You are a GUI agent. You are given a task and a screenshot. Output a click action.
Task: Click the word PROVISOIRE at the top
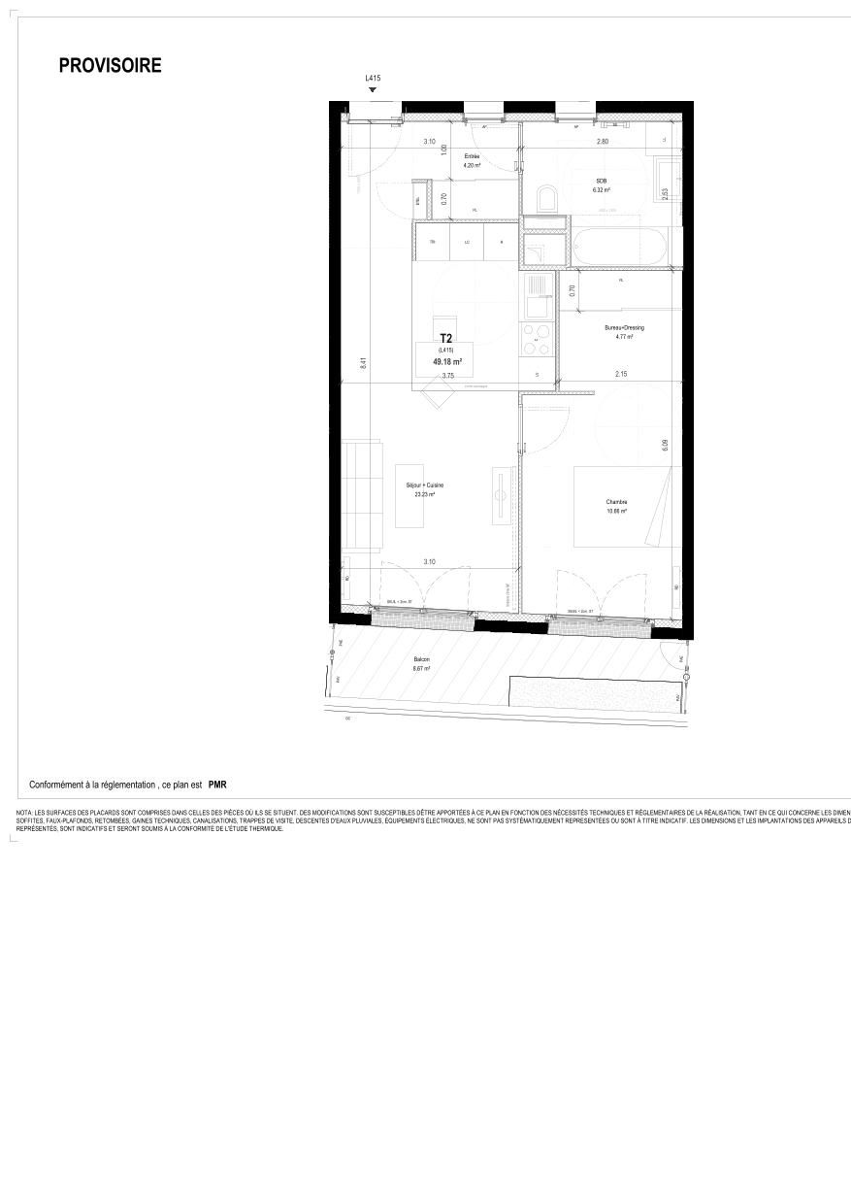(x=110, y=66)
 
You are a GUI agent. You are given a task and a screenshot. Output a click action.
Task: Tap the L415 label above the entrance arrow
(x=372, y=79)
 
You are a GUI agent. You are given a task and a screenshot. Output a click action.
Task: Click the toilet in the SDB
(x=546, y=201)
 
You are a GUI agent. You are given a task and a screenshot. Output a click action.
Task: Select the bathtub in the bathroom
(x=619, y=248)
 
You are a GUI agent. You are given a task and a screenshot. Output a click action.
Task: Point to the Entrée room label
(x=472, y=156)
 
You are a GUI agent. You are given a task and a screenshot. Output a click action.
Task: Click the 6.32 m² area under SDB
(x=602, y=190)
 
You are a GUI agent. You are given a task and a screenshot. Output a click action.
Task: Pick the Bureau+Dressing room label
(x=623, y=328)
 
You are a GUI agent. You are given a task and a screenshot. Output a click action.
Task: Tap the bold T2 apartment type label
(x=446, y=339)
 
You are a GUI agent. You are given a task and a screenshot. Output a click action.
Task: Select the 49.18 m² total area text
(x=446, y=361)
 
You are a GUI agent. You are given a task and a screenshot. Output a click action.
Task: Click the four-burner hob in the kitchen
(x=536, y=340)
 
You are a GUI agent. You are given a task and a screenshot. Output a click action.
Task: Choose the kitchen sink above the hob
(x=536, y=295)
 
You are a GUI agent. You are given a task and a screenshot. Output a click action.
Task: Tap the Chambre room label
(x=617, y=502)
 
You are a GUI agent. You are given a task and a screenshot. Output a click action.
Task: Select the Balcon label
(x=421, y=659)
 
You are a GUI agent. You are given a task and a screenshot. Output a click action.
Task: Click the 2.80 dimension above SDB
(x=602, y=142)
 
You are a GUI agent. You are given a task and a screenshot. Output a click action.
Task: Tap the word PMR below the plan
(x=217, y=785)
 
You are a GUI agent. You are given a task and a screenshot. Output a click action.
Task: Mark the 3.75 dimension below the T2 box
(x=447, y=376)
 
